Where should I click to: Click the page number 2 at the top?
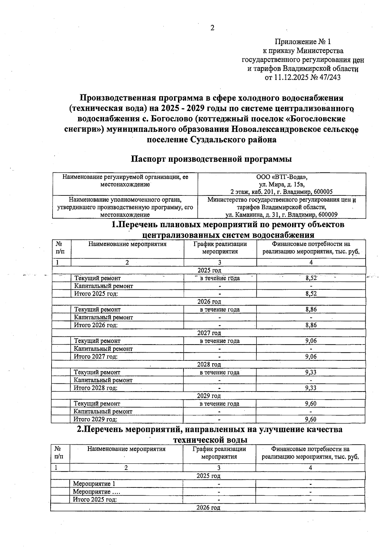(212, 28)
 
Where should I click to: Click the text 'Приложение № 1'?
(303, 42)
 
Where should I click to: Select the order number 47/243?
(330, 77)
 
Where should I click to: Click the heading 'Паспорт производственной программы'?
(211, 159)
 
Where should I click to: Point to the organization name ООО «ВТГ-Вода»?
(281, 177)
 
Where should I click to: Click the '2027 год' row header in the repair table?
(209, 333)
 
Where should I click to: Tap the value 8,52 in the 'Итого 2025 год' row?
(311, 294)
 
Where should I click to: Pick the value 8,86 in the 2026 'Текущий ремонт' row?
(311, 310)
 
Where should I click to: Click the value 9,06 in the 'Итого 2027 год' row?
(311, 357)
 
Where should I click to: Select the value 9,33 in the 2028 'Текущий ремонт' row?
(311, 372)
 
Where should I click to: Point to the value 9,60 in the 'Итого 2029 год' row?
(311, 419)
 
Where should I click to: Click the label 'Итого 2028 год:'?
(96, 388)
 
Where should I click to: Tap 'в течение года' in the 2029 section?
(219, 404)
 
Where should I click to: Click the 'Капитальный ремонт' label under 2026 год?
(103, 317)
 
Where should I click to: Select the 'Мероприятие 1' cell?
(94, 484)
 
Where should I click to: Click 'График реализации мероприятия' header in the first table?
(220, 248)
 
